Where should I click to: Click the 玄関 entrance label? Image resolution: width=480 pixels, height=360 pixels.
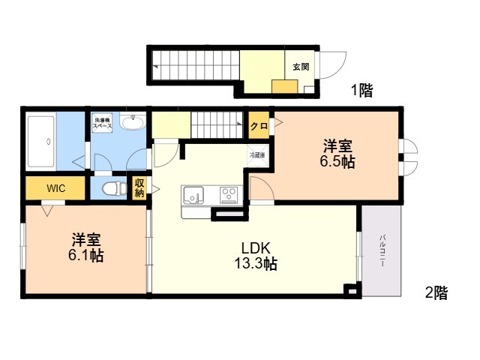[301, 67]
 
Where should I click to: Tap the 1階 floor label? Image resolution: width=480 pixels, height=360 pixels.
[361, 90]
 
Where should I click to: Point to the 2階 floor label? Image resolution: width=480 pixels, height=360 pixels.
[436, 292]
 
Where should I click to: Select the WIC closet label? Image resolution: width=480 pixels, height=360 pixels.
[56, 188]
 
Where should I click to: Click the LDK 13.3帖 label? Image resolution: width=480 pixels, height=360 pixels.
[256, 256]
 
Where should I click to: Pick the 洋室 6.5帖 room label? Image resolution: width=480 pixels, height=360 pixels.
[337, 154]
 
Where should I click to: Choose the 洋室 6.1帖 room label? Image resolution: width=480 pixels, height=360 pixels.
[85, 247]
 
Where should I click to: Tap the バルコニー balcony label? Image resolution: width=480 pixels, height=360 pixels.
[382, 250]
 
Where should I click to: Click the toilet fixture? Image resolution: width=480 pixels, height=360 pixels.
[114, 188]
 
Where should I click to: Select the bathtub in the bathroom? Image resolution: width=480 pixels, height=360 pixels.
[41, 142]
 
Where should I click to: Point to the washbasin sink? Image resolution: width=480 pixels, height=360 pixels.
[133, 121]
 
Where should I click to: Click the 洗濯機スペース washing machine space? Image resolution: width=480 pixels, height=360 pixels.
[102, 123]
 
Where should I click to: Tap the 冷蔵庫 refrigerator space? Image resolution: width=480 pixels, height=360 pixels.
[258, 155]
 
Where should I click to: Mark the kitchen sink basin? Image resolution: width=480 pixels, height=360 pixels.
[193, 195]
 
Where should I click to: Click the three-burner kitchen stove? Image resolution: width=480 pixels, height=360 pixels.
[229, 195]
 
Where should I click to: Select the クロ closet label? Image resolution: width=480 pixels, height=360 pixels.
[259, 125]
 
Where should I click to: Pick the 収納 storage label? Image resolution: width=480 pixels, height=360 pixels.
[139, 187]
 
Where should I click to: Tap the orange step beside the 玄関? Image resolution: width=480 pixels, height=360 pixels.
[285, 87]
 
